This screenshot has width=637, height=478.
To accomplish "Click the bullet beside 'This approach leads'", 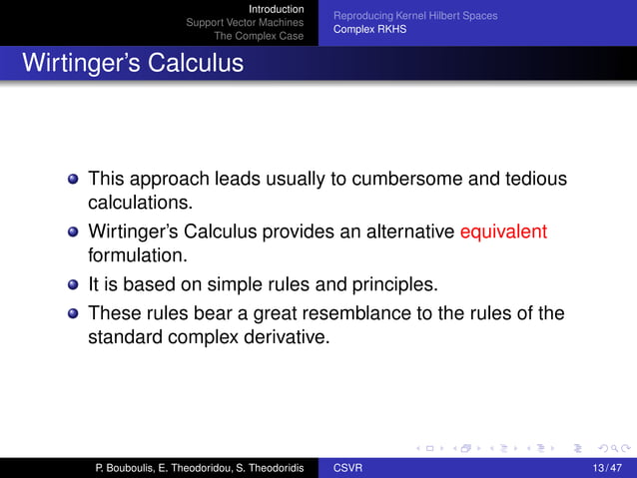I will point(73,181).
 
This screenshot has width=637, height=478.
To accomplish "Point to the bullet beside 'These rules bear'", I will point(73,313).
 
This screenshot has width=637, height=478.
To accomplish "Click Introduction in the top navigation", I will point(276,9).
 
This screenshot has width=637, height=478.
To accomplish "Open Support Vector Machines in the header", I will point(245,23).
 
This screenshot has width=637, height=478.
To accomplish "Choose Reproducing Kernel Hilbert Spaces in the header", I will point(414,16).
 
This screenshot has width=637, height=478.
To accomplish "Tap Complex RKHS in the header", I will point(369,30).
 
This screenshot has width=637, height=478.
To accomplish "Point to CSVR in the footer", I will point(348,468).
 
